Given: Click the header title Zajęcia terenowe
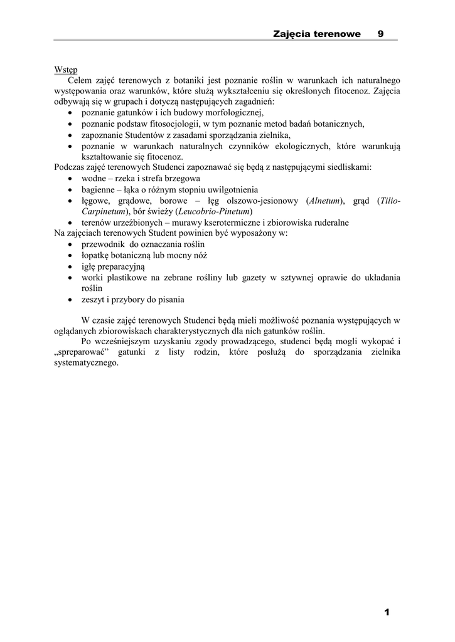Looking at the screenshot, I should click(317, 34).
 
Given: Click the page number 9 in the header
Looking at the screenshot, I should click(381, 34).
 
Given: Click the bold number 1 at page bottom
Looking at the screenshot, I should click(387, 612).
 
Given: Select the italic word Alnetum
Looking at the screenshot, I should click(324, 201).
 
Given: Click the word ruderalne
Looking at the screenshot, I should click(327, 223).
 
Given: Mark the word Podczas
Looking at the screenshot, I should click(70, 167).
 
